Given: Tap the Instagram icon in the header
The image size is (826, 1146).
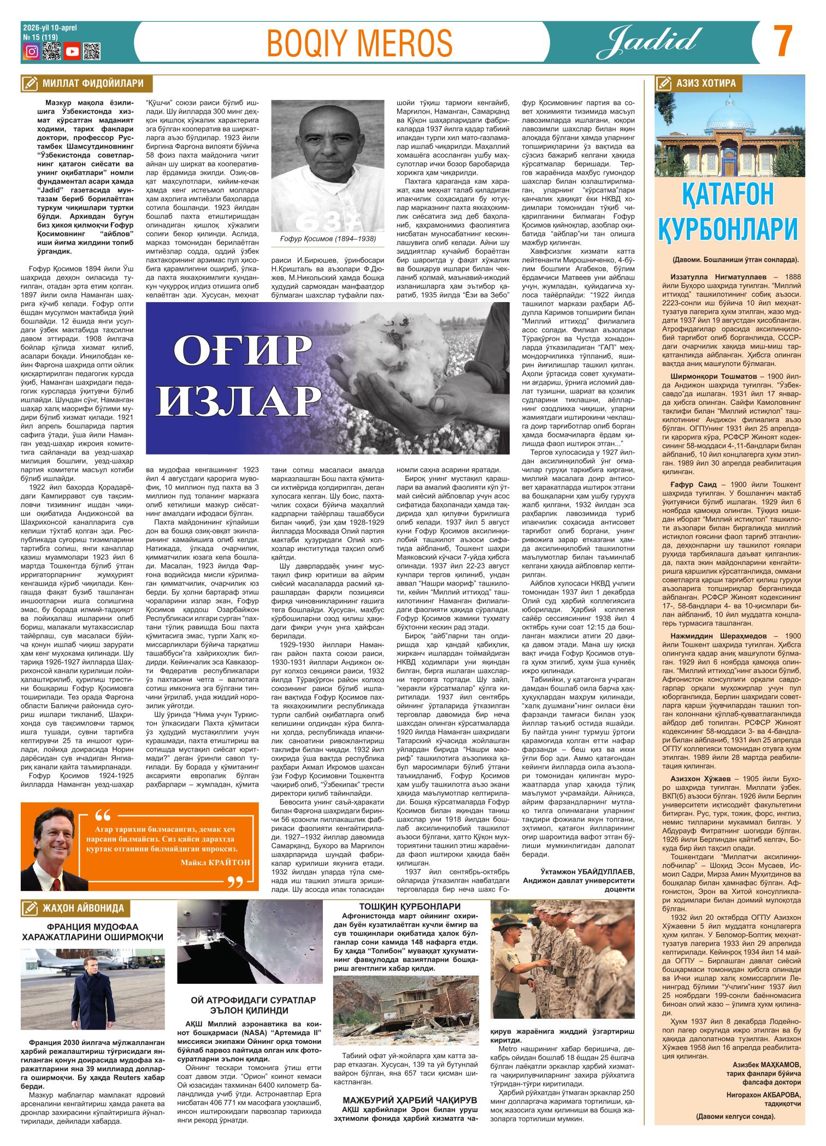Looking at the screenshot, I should [32, 52].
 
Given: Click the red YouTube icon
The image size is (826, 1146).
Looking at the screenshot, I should [72, 52].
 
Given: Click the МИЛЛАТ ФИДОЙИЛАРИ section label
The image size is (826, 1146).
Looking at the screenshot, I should [92, 84].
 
